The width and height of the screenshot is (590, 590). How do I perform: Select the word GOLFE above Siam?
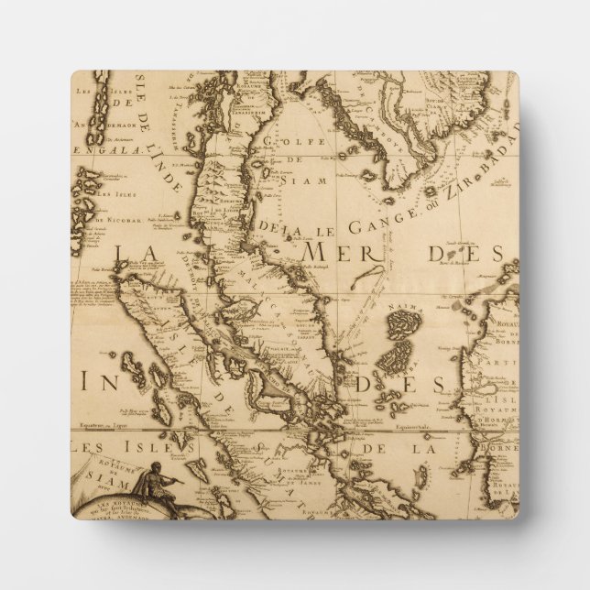coord(280,140)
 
